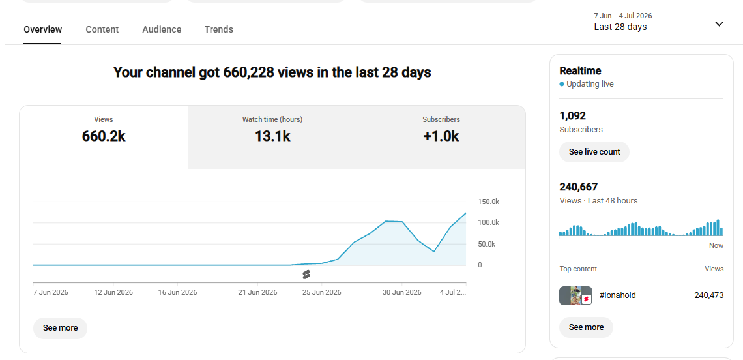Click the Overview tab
(42, 29)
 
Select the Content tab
(102, 29)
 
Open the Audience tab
(162, 29)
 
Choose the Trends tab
(218, 29)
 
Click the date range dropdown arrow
(720, 23)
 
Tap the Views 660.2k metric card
(104, 137)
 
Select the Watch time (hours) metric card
(272, 137)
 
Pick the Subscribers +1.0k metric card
(441, 137)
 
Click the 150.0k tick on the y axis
(489, 202)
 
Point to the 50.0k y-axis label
(487, 244)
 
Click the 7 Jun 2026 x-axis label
(51, 292)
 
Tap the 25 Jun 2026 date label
(322, 292)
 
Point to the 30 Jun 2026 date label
(402, 292)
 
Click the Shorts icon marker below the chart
(306, 275)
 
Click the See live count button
(594, 152)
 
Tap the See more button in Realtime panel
(586, 327)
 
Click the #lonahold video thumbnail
(575, 295)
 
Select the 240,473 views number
(709, 295)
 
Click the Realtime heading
(581, 70)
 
